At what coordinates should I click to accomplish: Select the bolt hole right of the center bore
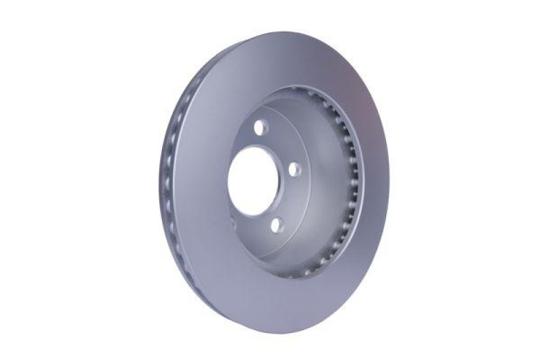[x=296, y=170]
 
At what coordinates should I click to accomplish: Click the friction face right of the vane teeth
[x=375, y=189]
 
